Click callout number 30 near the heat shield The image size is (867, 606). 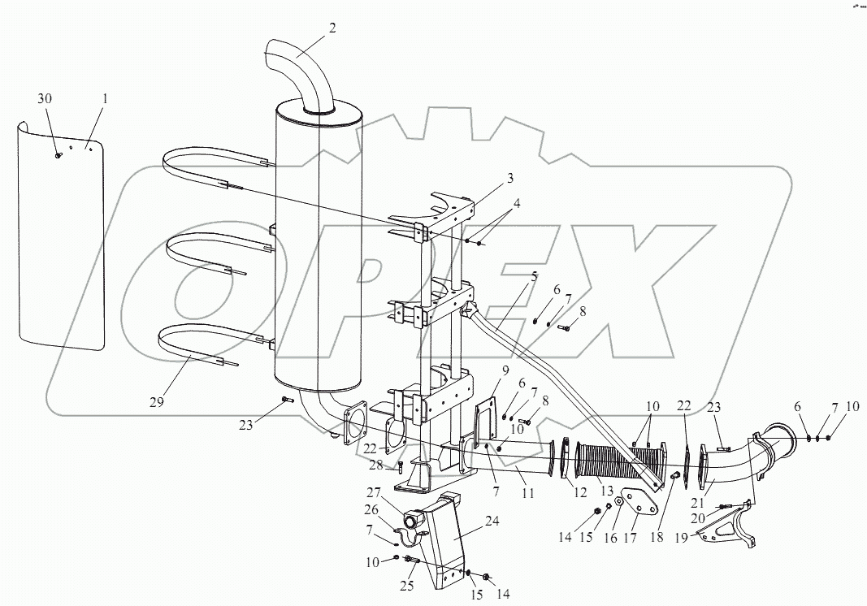pos(46,97)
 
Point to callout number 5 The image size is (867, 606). pos(534,275)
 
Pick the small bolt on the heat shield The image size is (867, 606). pos(59,155)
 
